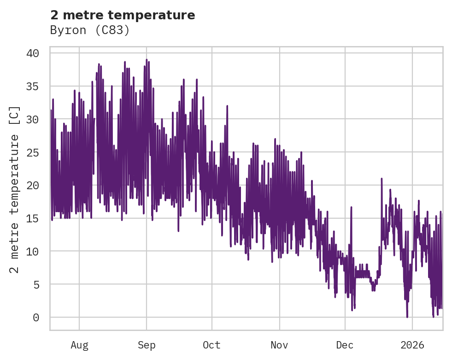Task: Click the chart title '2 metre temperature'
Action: tap(123, 15)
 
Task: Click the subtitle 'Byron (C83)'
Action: tap(90, 30)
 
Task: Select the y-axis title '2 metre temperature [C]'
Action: tap(15, 189)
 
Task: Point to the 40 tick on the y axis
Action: tap(32, 53)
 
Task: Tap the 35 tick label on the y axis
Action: tap(32, 87)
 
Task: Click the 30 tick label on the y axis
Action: tap(32, 120)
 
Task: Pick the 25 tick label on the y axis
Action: tap(32, 152)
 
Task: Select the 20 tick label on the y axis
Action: tap(32, 186)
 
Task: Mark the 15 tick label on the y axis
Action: tap(32, 219)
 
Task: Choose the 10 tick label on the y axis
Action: tap(32, 251)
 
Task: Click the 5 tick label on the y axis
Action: tap(35, 285)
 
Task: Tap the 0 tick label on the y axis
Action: tap(35, 318)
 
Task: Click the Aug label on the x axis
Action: tap(79, 345)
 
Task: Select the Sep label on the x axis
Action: tap(147, 345)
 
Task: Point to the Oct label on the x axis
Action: tap(212, 345)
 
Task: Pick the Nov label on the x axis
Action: tap(279, 345)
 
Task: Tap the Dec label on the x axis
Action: tap(345, 345)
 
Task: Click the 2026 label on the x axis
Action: tap(412, 345)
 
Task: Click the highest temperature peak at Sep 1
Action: tap(147, 60)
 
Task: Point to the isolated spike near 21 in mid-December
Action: tap(382, 178)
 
